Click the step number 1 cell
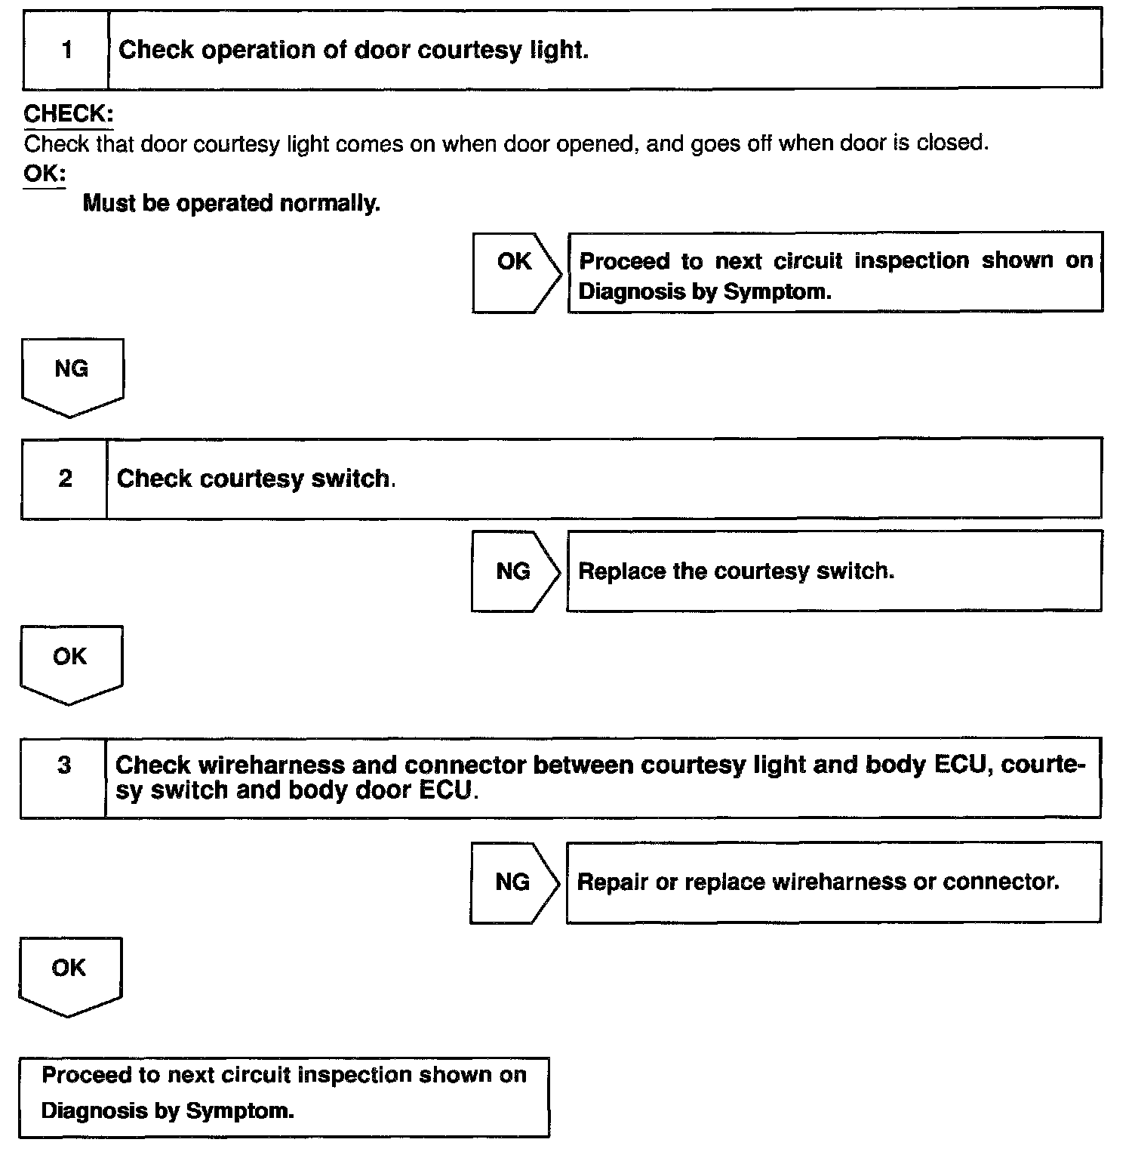tap(66, 50)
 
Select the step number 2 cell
tap(65, 479)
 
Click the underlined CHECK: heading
tap(69, 114)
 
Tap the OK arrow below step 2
tap(70, 663)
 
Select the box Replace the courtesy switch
tap(833, 571)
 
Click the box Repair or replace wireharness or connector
tap(833, 882)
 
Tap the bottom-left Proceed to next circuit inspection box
tap(284, 1097)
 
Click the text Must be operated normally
tap(231, 204)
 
